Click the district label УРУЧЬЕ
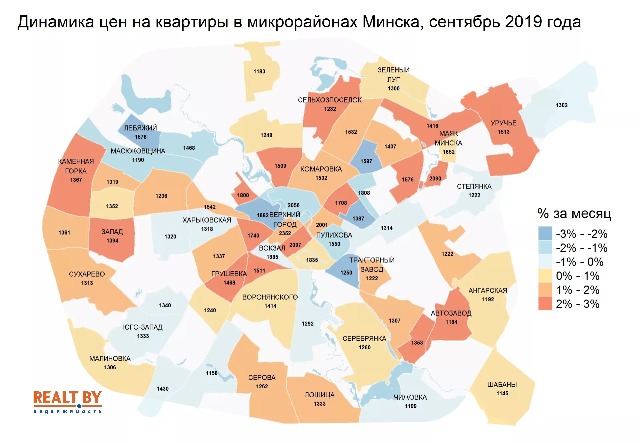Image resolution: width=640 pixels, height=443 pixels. pos(503,123)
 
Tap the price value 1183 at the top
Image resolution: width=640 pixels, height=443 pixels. pos(259,71)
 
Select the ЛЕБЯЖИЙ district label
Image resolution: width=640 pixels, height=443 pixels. pos(140,128)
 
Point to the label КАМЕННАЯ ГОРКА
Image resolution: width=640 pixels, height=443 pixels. pos(76,166)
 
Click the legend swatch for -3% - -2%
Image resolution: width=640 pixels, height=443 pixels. pos(545,234)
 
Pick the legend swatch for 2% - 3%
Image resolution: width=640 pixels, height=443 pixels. pos(545,304)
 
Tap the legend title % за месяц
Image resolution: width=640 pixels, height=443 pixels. pos(574,213)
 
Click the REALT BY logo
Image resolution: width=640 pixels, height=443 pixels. pos(67,402)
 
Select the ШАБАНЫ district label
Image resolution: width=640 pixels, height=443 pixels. pos(502,385)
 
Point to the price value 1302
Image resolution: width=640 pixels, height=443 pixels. pos(561,105)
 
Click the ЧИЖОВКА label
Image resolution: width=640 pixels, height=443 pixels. pos(410,397)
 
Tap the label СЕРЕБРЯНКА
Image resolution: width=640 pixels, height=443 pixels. pos(364,339)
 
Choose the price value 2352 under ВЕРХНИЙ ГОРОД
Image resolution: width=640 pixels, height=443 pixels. pos(285,234)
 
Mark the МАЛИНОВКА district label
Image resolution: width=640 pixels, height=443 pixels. pos(110,359)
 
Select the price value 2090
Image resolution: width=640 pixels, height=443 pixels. pos(435,179)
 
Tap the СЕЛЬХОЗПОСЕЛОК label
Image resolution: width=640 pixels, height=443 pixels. pos(330,100)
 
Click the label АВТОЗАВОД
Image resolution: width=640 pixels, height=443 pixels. pos(451,313)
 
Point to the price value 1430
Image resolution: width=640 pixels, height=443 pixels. pos(163,389)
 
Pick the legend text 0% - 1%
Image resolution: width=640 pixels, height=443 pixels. pos(577,276)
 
